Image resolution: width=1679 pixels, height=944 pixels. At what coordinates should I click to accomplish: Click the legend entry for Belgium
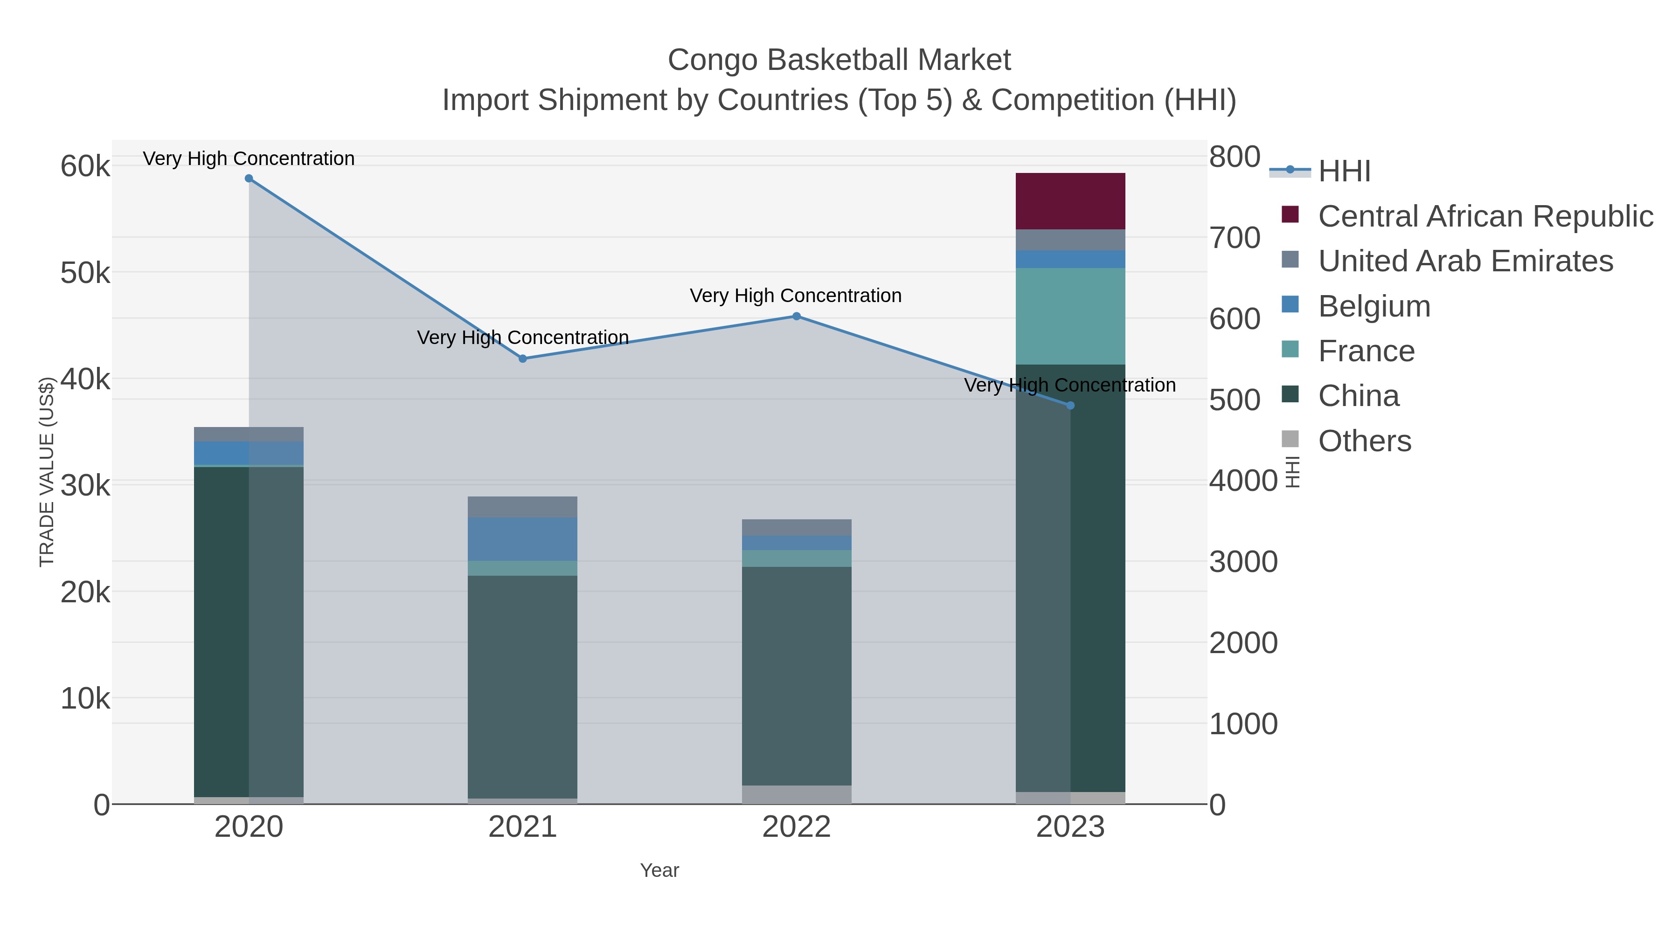pos(1374,306)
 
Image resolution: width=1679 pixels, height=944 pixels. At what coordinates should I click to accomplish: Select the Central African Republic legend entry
pos(1485,216)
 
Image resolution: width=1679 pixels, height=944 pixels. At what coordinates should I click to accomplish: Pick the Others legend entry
pos(1364,441)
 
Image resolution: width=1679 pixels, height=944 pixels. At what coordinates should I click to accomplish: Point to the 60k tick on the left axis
pos(85,166)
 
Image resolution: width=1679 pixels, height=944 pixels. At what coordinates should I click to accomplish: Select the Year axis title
pos(659,870)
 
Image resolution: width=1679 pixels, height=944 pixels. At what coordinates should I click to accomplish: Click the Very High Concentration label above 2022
pos(795,296)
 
